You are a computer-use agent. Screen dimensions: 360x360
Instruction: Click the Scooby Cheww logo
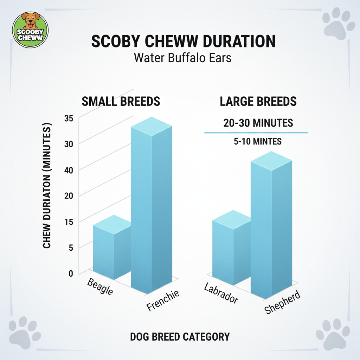[x=30, y=30]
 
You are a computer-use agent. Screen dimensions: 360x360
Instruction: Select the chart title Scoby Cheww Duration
[x=183, y=41]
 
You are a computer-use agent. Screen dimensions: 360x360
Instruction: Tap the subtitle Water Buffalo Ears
[x=183, y=57]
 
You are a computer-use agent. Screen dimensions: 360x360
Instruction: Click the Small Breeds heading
[x=121, y=102]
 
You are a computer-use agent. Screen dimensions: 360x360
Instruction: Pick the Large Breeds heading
[x=258, y=102]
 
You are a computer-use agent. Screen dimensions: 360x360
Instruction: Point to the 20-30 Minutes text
[x=258, y=123]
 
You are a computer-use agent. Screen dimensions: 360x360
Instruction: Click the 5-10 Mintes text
[x=258, y=141]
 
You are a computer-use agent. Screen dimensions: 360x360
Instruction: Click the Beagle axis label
[x=100, y=287]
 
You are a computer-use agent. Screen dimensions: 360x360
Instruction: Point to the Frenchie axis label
[x=163, y=300]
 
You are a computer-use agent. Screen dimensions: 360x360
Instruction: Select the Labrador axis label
[x=221, y=294]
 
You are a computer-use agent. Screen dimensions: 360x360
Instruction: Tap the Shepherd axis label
[x=283, y=303]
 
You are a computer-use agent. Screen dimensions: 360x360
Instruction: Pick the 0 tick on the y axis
[x=71, y=274]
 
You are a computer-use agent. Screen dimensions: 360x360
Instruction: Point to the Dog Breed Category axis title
[x=180, y=337]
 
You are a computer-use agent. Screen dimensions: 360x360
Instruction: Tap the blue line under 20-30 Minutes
[x=256, y=133]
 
